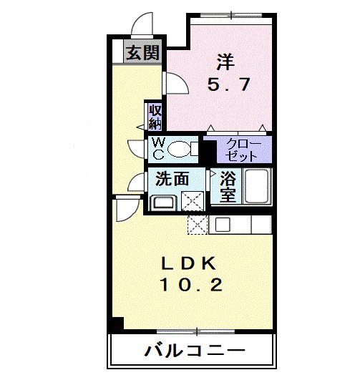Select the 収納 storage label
155,116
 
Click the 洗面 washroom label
172,179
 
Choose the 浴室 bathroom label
228,187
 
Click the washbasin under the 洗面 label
163,202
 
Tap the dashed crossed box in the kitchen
197,223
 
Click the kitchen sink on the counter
222,224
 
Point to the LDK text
190,262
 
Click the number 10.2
190,286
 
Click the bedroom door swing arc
176,84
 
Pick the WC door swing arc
136,148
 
